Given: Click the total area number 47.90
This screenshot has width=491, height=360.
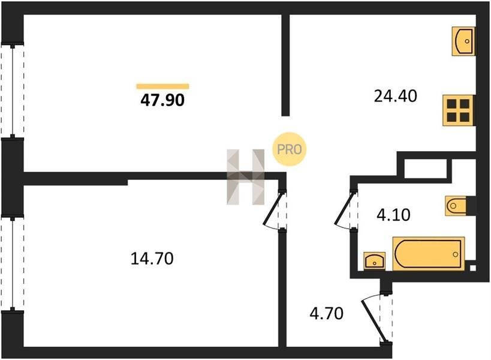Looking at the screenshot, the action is pos(162,100).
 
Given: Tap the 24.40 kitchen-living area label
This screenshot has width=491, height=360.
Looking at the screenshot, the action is pos(396,96).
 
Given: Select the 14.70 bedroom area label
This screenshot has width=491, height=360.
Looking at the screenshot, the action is pos(152,259).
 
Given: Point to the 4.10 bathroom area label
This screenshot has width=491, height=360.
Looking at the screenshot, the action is pos(393,215).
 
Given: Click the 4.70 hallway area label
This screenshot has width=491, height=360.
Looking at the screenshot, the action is pos(327,313).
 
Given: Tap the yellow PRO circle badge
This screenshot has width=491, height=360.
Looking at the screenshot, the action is pos(289,149).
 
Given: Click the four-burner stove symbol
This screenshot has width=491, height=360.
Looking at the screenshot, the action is pos(458,110).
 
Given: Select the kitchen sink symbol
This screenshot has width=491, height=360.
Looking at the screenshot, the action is pos(463,41).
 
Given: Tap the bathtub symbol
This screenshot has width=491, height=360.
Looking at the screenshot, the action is pos(429,254).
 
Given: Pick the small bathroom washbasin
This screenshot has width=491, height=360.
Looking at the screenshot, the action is pos(375,260).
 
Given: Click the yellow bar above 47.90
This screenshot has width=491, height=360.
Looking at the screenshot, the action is pos(162,86).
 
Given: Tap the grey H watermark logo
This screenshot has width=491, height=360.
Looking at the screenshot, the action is pos(246,177).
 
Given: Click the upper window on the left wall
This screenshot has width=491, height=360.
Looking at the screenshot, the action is pos(13,91).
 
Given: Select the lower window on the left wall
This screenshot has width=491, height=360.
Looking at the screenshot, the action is pos(13,263).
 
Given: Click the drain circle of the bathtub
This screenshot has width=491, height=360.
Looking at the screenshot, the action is pos(455,254).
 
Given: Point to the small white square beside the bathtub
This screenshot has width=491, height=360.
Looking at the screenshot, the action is pos(473,268).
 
